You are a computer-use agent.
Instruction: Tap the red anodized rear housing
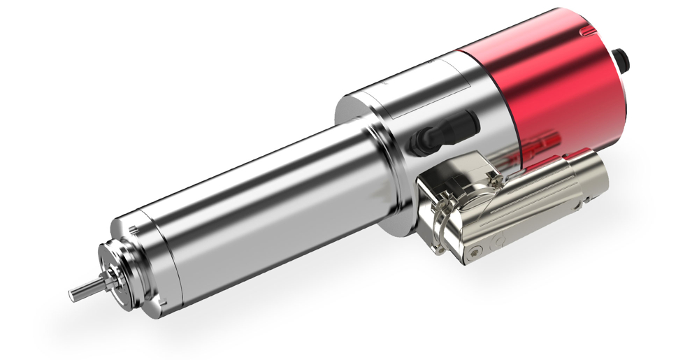pyautogui.click(x=559, y=84)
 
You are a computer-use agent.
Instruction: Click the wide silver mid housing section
pyautogui.click(x=419, y=119)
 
